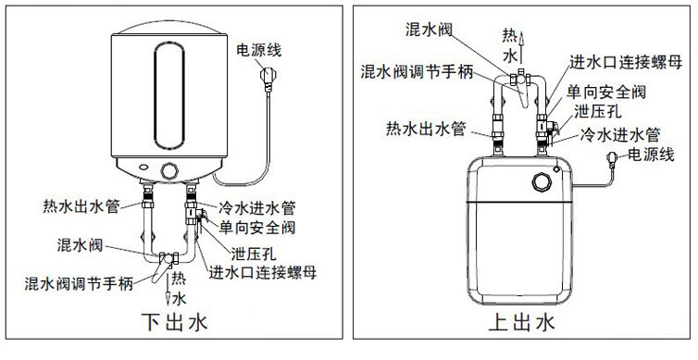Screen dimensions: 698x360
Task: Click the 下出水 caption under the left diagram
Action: [x=174, y=323]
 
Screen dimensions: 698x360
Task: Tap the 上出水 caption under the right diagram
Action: [x=522, y=322]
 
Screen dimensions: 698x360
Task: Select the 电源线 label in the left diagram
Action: [x=259, y=50]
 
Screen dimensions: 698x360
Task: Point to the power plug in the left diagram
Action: [x=267, y=77]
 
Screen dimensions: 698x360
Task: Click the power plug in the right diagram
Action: [x=612, y=157]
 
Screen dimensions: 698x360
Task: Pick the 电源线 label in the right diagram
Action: [x=651, y=155]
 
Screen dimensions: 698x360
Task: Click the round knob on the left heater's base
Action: [x=169, y=171]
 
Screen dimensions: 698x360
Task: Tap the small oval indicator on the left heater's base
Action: [x=144, y=168]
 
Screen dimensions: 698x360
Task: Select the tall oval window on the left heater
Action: [x=169, y=95]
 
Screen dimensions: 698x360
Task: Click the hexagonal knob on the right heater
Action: [x=542, y=182]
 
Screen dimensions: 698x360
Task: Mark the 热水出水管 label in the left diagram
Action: [x=81, y=206]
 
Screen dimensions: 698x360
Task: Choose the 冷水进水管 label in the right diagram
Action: [x=620, y=134]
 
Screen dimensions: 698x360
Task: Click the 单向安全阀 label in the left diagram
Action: [x=256, y=228]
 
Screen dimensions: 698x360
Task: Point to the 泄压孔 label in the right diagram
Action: [x=598, y=111]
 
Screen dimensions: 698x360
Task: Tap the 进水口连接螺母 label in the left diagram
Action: [x=263, y=272]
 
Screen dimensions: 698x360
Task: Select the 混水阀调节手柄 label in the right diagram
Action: [x=417, y=71]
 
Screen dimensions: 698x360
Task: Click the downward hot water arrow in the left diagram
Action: [x=168, y=290]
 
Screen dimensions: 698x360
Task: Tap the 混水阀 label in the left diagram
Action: [x=81, y=244]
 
